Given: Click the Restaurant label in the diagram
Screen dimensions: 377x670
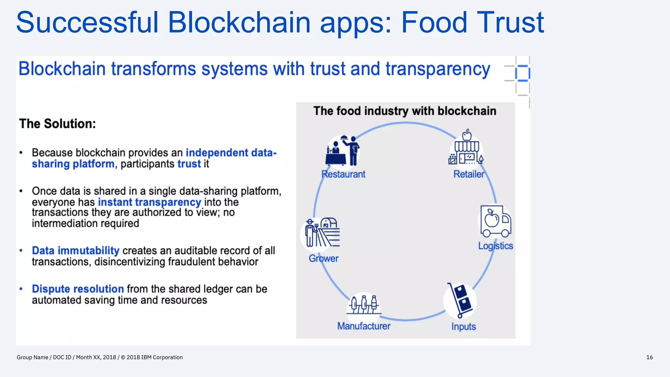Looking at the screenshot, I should [343, 174].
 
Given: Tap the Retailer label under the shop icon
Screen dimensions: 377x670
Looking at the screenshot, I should [468, 174].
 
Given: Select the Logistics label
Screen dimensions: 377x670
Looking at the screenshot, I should [495, 246].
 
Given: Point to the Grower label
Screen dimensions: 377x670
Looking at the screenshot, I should [324, 259].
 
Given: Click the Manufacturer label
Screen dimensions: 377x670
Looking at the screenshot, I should [364, 326].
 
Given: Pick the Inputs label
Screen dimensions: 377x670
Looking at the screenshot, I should [463, 327].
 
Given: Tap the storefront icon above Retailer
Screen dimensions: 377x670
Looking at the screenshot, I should [466, 148].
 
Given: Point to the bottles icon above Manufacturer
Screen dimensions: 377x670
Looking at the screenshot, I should [364, 304].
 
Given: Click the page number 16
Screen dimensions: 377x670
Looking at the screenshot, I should [649, 357].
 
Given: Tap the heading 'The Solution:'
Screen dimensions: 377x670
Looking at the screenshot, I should [58, 124].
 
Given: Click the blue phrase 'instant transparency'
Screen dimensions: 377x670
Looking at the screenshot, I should [149, 202].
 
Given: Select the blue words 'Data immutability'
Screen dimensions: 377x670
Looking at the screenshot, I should [76, 251].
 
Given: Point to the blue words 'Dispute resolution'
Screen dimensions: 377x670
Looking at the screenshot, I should [78, 289].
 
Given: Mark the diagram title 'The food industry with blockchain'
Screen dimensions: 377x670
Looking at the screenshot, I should [405, 111].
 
